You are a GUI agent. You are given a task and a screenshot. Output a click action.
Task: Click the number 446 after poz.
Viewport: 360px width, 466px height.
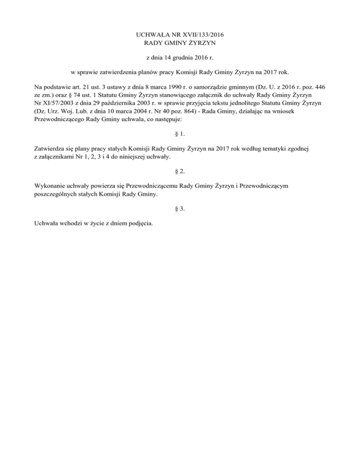[x=319, y=87]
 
